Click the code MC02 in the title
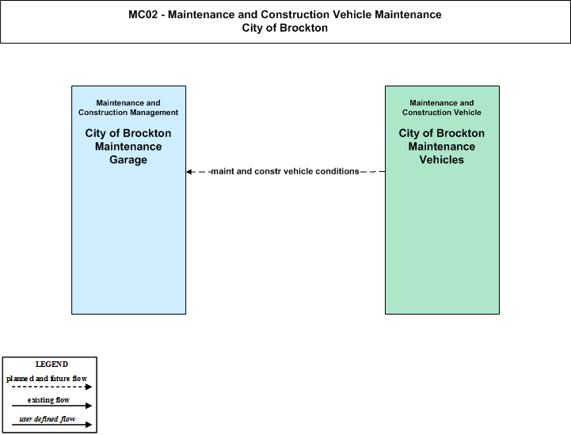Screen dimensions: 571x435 (x=143, y=14)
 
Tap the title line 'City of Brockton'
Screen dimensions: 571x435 (x=285, y=28)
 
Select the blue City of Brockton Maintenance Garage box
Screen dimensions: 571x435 (x=128, y=200)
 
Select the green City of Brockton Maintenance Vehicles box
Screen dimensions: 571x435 (x=442, y=200)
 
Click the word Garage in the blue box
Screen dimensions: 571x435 (x=128, y=160)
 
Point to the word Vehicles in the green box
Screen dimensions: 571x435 (x=441, y=160)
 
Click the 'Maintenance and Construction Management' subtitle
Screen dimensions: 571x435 (x=128, y=108)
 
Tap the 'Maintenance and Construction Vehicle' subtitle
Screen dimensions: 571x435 (x=442, y=108)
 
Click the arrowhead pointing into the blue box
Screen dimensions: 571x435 (x=188, y=172)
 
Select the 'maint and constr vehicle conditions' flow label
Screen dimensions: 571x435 (x=285, y=171)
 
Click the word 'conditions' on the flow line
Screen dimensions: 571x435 (x=337, y=171)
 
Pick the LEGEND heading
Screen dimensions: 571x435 (x=51, y=364)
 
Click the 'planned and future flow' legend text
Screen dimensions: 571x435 (x=47, y=379)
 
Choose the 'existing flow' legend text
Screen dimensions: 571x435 (x=48, y=400)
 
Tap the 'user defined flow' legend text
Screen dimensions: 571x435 (x=47, y=419)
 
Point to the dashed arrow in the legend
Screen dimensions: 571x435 (x=51, y=387)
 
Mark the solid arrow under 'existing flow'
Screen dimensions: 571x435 (x=51, y=406)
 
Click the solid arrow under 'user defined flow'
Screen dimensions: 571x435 (x=51, y=425)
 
